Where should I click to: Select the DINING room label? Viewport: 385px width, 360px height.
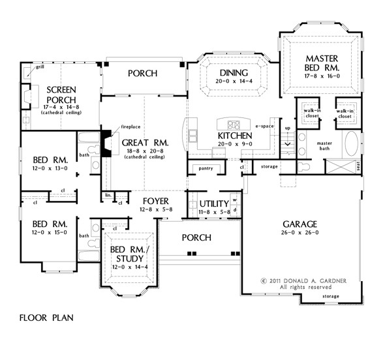tap(232, 73)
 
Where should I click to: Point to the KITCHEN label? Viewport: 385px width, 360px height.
tap(233, 136)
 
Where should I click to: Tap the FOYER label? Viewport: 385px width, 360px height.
tap(155, 200)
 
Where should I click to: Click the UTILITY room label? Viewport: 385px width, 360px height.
tap(212, 204)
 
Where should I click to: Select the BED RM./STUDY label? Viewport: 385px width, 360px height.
tap(128, 255)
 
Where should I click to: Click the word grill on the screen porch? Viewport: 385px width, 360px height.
tap(22, 67)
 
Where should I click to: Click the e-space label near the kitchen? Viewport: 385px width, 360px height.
tap(264, 125)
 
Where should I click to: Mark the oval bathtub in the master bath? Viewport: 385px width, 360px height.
tap(351, 142)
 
